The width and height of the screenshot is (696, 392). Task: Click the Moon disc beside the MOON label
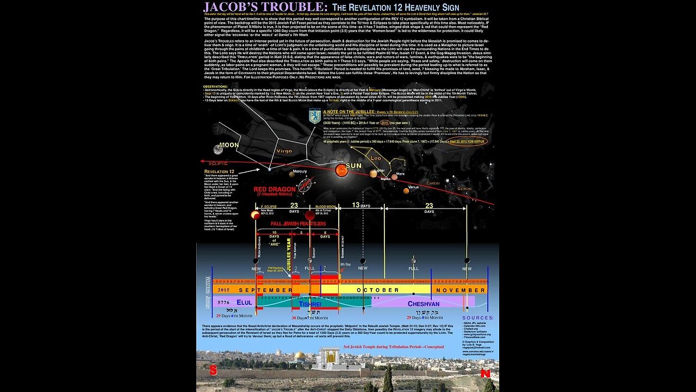[x=218, y=149]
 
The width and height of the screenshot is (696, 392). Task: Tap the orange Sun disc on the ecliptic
[x=341, y=170]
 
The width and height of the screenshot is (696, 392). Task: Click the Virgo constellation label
[x=284, y=151]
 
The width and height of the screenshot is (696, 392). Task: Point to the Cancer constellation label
[x=433, y=183]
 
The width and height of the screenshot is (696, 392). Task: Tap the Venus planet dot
[x=406, y=190]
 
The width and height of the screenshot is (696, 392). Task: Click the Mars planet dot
[x=394, y=176]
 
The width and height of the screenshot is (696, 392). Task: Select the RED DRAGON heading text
[x=275, y=189]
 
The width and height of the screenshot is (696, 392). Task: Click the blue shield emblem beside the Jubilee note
[x=315, y=116]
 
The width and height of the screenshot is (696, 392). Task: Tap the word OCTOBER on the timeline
[x=377, y=290]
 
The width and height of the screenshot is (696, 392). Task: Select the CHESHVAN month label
[x=415, y=303]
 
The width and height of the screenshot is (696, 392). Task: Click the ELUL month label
[x=244, y=302]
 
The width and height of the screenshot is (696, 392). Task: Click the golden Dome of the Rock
[x=300, y=356]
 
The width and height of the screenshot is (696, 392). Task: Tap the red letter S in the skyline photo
[x=213, y=370]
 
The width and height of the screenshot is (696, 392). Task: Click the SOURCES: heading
[x=478, y=317]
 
